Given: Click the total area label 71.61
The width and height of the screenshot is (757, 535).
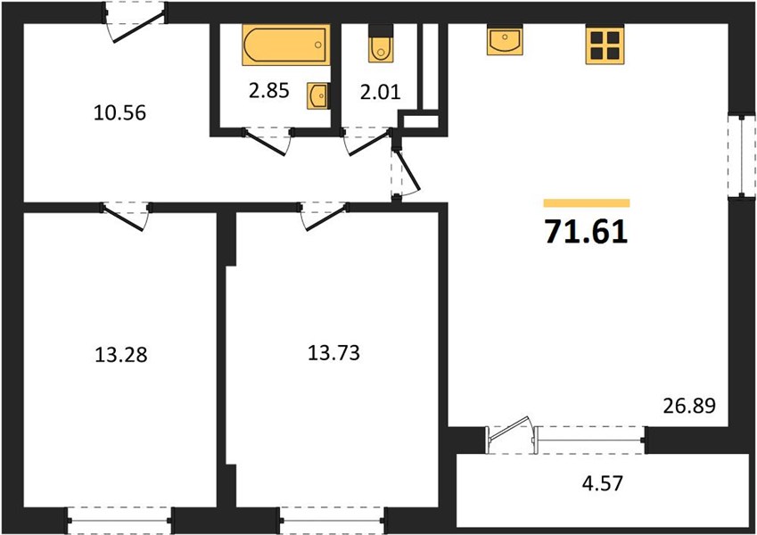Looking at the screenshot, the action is [587, 232].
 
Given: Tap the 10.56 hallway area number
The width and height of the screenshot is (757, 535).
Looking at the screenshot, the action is [119, 113].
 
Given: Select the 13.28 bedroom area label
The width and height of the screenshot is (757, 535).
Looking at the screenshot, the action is [120, 355].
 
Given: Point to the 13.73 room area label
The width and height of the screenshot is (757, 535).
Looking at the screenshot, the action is [333, 353].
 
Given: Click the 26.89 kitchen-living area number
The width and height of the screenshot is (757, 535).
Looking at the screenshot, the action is [689, 406].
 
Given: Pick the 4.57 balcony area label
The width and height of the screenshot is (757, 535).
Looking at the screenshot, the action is [603, 483].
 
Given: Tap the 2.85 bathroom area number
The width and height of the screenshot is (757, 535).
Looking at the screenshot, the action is [269, 90].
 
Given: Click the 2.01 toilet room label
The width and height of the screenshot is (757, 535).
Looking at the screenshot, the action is [381, 92].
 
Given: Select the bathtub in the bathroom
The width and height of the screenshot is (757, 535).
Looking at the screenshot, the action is [286, 45].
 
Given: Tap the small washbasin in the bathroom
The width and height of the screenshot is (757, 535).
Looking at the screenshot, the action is [318, 95].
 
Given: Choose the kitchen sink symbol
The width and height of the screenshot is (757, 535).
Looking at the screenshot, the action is [505, 40].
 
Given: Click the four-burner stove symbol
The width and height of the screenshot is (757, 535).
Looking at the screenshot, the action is [605, 45].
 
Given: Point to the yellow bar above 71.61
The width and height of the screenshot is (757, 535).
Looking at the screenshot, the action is [587, 202].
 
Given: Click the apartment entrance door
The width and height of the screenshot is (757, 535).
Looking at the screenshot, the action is [136, 22].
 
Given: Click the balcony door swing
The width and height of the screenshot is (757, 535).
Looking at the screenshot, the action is [511, 432].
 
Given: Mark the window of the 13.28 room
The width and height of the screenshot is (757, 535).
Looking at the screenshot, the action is [119, 520].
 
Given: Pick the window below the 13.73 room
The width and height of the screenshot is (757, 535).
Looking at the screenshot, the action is [333, 520].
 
